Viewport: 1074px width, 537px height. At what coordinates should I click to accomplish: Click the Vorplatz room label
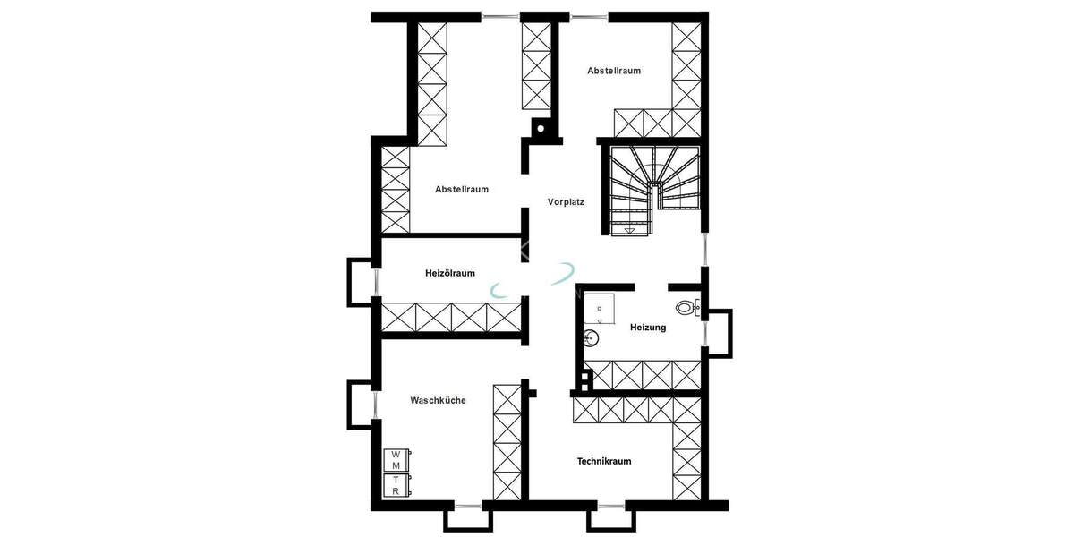coord(566,202)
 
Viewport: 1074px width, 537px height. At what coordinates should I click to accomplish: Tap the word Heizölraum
coord(449,273)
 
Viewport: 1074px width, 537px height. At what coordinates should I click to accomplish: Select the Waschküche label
coord(438,400)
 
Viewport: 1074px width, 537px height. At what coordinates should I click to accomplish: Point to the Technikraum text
coord(604,461)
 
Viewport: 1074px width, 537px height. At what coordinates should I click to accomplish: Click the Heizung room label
coord(648,328)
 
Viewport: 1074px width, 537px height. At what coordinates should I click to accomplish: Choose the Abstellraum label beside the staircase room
coord(614,71)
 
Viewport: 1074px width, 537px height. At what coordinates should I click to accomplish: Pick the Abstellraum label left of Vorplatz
coord(462,189)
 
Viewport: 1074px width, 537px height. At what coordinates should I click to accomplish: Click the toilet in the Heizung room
coord(686,308)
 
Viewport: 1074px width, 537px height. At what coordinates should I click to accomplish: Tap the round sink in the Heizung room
coord(591,337)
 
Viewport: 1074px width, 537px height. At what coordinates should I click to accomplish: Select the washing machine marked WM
coord(396,460)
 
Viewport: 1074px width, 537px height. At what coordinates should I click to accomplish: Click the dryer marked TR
coord(396,485)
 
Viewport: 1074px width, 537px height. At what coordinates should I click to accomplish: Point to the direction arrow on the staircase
coord(630,231)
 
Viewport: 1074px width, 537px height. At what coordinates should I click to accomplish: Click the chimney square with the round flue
coord(541,130)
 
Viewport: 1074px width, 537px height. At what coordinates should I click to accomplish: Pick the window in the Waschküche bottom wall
coord(467,507)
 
